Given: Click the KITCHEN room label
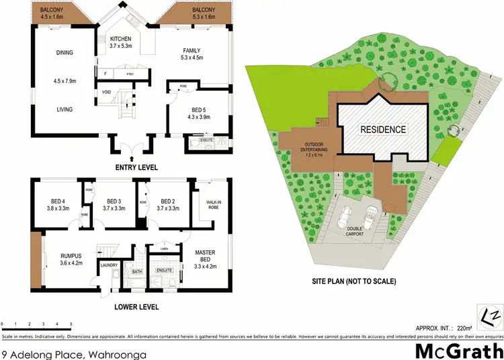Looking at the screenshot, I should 121,39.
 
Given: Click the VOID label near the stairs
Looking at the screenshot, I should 106,93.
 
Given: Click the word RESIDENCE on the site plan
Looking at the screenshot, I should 382,130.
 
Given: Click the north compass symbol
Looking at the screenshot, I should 493,312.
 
